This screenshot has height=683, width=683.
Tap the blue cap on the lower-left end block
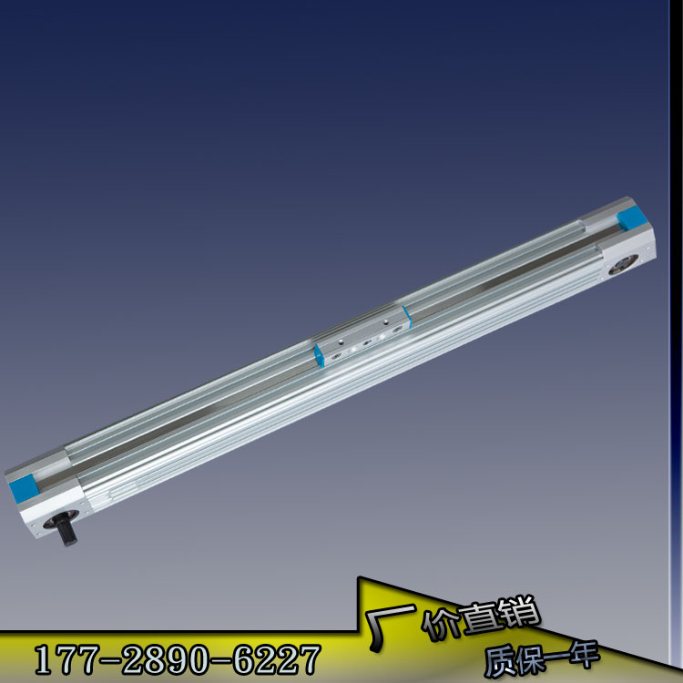pyautogui.click(x=24, y=487)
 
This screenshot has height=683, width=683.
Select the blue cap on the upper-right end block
pyautogui.click(x=632, y=219)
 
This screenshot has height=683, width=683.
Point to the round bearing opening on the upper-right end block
pyautogui.click(x=623, y=265)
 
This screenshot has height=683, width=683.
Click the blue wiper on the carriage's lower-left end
pyautogui.click(x=320, y=356)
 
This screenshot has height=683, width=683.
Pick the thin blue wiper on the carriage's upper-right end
pyautogui.click(x=407, y=317)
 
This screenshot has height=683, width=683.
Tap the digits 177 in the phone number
pyautogui.click(x=65, y=659)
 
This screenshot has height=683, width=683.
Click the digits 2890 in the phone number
pyautogui.click(x=167, y=659)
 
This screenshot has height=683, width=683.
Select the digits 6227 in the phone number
pyautogui.click(x=277, y=659)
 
